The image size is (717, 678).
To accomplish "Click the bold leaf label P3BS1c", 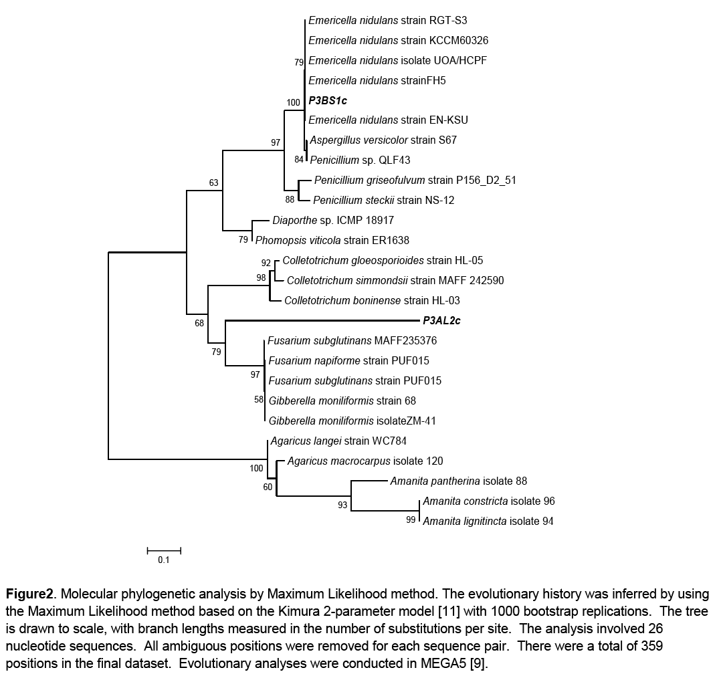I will click(x=328, y=100).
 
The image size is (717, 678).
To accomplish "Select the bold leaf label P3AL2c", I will click(x=441, y=321).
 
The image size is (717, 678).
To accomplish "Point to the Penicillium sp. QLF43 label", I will click(x=360, y=160).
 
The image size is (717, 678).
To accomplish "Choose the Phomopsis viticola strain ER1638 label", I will click(x=332, y=240).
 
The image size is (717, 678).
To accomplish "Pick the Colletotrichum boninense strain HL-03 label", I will click(x=372, y=301).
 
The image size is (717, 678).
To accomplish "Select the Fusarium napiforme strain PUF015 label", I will click(x=348, y=361).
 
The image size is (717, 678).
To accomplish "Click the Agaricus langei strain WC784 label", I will click(x=338, y=441).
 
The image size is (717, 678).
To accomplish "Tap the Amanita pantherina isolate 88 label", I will click(x=459, y=481).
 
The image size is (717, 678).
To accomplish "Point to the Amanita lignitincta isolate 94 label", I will click(x=488, y=522).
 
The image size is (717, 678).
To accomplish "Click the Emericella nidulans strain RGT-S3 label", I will click(x=388, y=21).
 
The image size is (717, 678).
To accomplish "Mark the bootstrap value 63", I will click(x=214, y=183).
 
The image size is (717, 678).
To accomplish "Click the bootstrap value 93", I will click(x=343, y=505).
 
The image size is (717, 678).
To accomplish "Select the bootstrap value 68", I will click(x=199, y=324).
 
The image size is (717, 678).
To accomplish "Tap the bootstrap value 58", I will click(x=259, y=400).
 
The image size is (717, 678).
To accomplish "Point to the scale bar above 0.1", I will click(x=164, y=551).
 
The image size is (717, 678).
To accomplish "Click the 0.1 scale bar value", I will click(x=164, y=561).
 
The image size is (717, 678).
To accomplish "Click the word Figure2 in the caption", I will click(x=31, y=594).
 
